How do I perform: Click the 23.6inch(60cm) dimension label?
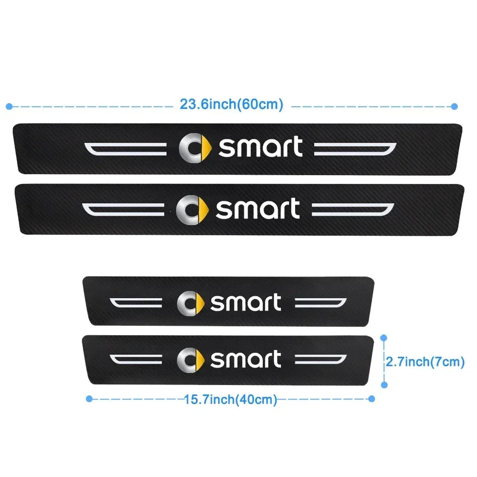(231, 104)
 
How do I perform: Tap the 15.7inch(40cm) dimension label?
(230, 399)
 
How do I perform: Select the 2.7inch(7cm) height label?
(425, 362)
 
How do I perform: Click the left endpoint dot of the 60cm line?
(9, 106)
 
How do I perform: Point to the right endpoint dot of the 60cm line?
(454, 106)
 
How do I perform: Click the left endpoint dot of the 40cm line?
(89, 399)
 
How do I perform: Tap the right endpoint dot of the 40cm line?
(372, 399)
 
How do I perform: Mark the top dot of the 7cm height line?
(384, 338)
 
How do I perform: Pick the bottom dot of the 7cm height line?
(384, 385)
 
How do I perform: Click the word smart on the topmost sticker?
(261, 147)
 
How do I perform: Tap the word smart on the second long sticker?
(258, 208)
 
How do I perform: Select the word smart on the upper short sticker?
(246, 302)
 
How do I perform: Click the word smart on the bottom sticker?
(246, 359)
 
